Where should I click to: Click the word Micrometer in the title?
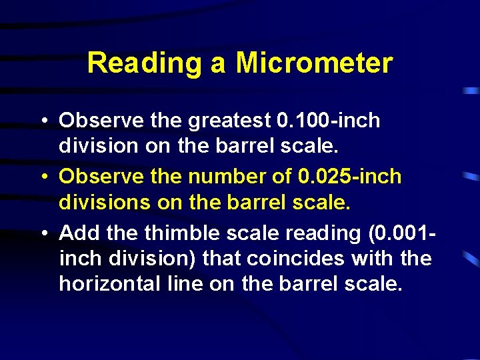coord(314,64)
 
